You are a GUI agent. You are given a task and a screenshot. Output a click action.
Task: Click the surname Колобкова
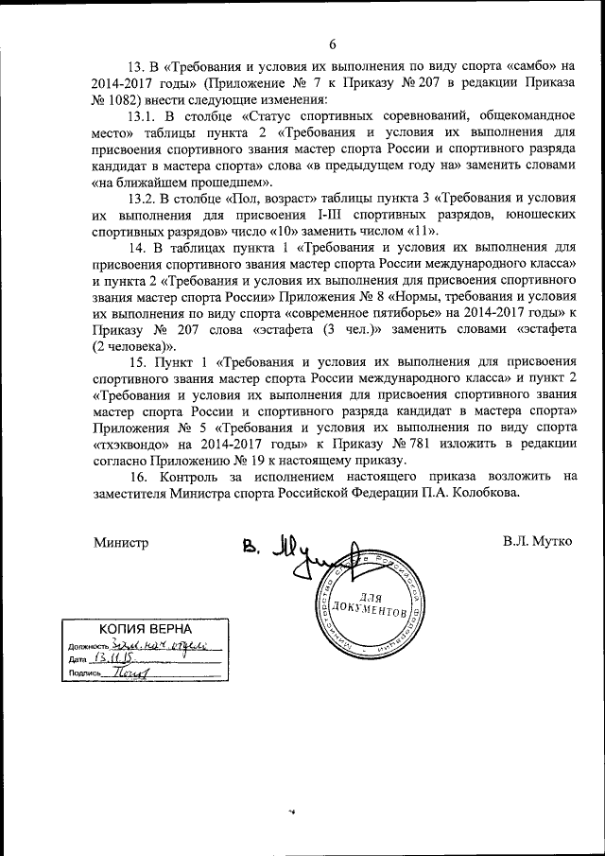tap(483, 493)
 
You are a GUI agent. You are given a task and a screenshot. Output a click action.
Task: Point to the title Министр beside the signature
tap(121, 544)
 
